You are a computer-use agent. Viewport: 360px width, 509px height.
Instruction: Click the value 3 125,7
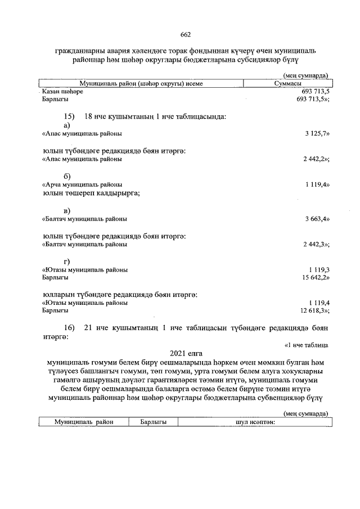pos(316,134)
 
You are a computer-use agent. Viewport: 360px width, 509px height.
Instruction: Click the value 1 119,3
pos(318,270)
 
